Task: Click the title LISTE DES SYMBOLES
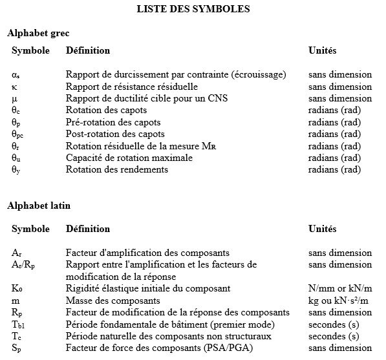(193, 9)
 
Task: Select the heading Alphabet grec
(38, 32)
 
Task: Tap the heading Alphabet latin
(39, 206)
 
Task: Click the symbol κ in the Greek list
(14, 86)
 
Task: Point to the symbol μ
(14, 98)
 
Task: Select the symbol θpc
(18, 134)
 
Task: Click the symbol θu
(16, 158)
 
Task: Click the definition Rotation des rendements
(117, 169)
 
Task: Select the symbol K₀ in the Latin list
(17, 288)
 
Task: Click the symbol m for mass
(15, 301)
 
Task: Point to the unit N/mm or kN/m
(340, 288)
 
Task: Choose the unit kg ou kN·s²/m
(340, 301)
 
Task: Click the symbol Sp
(16, 348)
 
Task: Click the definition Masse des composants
(113, 301)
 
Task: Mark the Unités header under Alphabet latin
(322, 229)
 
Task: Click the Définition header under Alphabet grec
(88, 50)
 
